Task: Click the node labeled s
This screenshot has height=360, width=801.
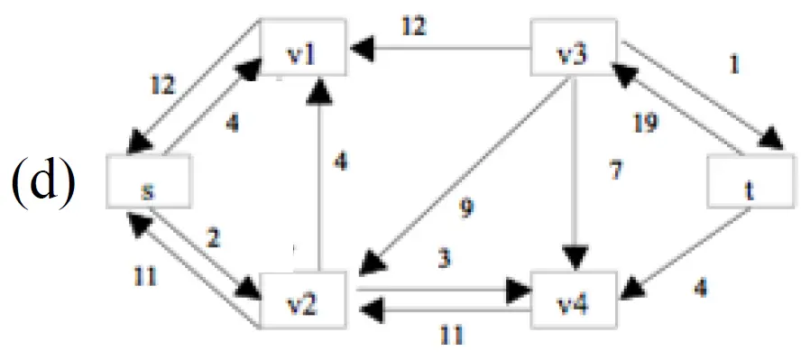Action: tap(149, 181)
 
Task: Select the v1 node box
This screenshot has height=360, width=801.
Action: tap(304, 47)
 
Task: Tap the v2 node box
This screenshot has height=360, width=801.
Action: tap(304, 300)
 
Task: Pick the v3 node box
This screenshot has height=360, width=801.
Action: tap(574, 47)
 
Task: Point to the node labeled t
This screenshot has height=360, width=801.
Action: tap(750, 181)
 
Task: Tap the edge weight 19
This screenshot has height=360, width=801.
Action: tap(645, 123)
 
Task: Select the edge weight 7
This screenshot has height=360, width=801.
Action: tap(615, 171)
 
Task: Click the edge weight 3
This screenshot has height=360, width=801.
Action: tap(444, 260)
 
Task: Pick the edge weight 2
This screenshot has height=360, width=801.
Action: tap(213, 238)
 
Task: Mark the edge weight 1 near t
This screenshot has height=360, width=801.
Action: tap(734, 65)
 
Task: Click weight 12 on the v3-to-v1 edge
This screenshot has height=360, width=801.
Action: tap(413, 26)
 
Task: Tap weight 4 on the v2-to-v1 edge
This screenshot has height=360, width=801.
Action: tap(341, 163)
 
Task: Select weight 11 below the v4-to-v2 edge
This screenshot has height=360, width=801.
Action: tap(451, 336)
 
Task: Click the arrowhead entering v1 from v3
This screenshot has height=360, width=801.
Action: tap(360, 49)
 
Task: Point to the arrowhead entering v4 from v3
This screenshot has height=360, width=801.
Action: tap(575, 257)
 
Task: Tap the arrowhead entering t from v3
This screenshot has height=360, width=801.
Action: tap(770, 139)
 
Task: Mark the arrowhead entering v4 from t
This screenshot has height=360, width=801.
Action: tap(637, 287)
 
